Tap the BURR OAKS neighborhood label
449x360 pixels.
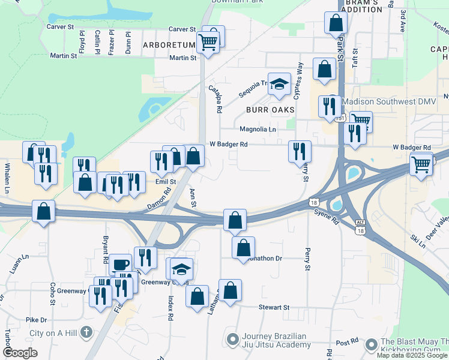pyautogui.click(x=270, y=110)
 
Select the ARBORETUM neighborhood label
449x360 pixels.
pyautogui.click(x=169, y=45)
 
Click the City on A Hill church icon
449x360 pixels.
pyautogui.click(x=86, y=332)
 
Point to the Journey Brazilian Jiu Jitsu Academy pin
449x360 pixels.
pyautogui.click(x=232, y=340)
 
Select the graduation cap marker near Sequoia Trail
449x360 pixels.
pyautogui.click(x=279, y=85)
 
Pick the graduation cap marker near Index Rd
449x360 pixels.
pyautogui.click(x=181, y=269)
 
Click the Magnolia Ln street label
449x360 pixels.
pyautogui.click(x=258, y=129)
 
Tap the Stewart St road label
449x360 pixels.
pyautogui.click(x=274, y=307)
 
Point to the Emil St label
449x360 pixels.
pyautogui.click(x=164, y=181)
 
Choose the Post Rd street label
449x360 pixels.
pyautogui.click(x=347, y=342)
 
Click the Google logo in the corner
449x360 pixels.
pyautogui.click(x=20, y=353)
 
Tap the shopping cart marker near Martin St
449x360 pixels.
pyautogui.click(x=208, y=42)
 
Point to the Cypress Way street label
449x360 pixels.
pyautogui.click(x=298, y=80)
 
